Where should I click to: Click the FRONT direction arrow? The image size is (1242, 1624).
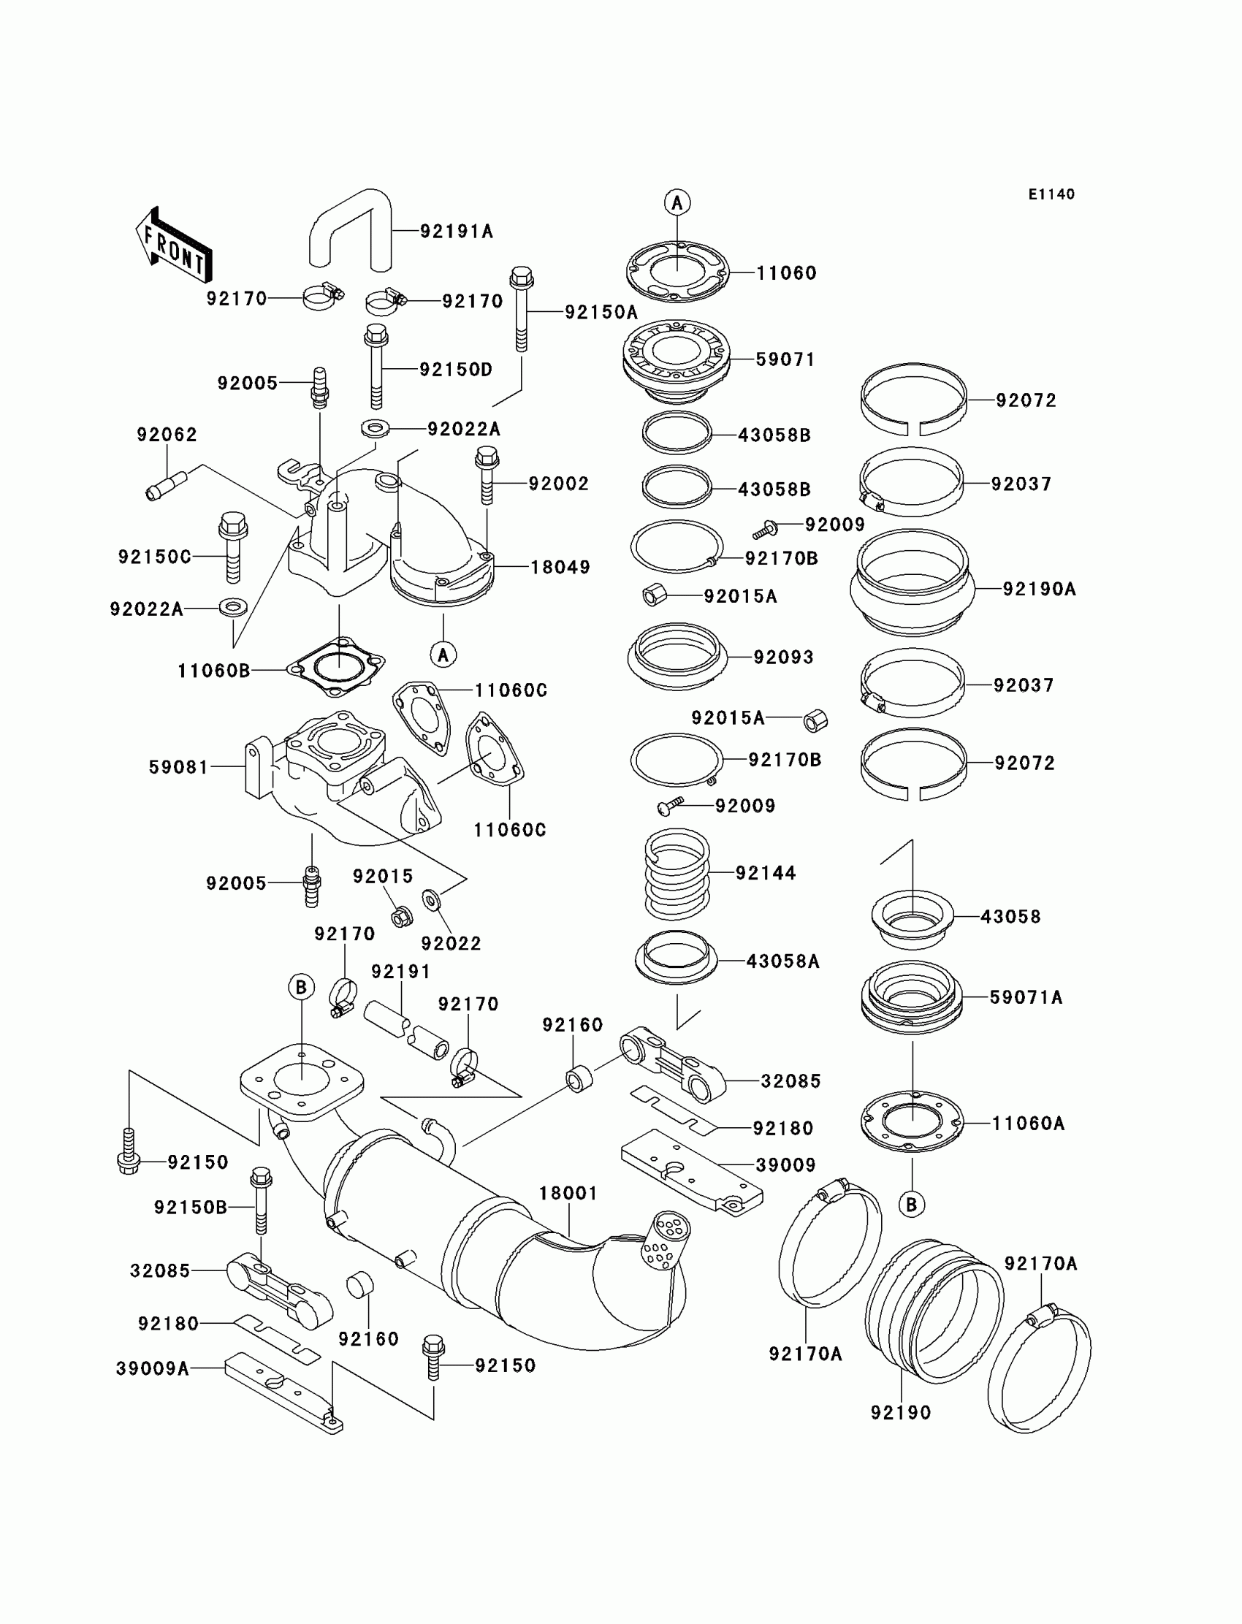point(174,245)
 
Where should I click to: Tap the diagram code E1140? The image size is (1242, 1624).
point(1051,194)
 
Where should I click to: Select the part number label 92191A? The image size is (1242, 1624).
point(456,232)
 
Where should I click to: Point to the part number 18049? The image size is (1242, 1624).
point(560,567)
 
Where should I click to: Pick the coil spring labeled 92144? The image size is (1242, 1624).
point(677,874)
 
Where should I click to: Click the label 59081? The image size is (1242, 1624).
point(179,767)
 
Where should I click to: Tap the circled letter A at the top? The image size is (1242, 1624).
point(677,202)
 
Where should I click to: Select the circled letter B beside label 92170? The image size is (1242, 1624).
point(301,987)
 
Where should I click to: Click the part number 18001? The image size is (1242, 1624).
point(568,1193)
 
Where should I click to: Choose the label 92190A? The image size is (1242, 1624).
point(1039,589)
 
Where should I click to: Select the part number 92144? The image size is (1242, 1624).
point(765,873)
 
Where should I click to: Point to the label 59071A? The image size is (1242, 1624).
point(1026,997)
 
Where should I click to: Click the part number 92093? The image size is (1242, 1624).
point(783,657)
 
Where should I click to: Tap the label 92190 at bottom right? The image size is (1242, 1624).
point(900,1413)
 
